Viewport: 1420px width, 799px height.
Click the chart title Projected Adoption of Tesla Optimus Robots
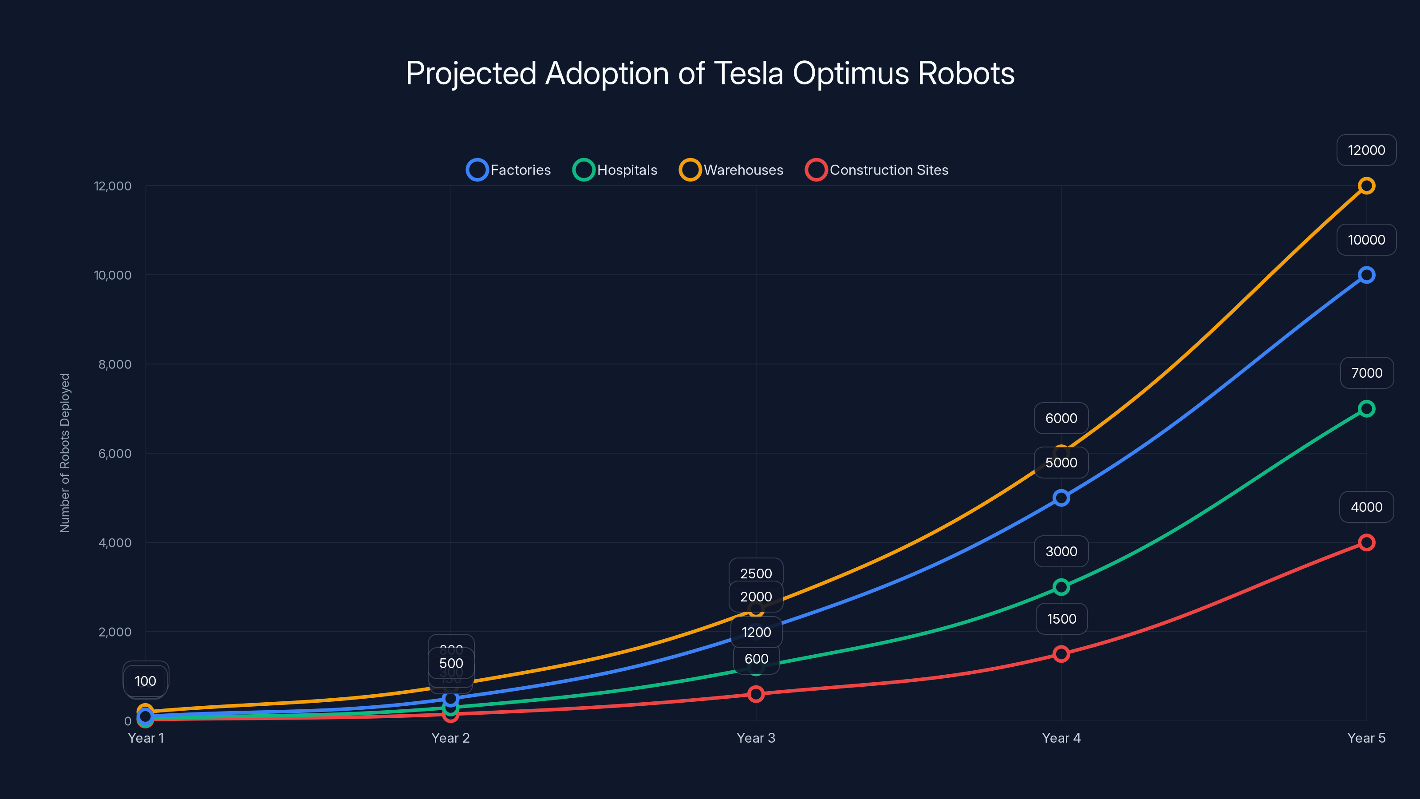(x=710, y=73)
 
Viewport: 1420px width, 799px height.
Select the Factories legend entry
(x=509, y=170)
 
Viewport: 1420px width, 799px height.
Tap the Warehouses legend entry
(x=731, y=170)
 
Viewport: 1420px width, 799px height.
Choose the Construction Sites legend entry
(x=877, y=170)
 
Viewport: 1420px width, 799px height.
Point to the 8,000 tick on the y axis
(x=114, y=364)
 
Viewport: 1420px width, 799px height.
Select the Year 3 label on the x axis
(x=756, y=738)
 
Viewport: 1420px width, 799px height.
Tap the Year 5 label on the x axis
(x=1366, y=738)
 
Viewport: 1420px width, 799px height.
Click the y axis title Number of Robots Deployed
(x=65, y=453)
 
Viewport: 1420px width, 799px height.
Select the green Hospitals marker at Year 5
(x=1366, y=408)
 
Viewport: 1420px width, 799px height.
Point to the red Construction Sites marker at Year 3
(x=756, y=694)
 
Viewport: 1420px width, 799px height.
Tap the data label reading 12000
(x=1366, y=150)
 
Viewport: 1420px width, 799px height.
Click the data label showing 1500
(x=1061, y=619)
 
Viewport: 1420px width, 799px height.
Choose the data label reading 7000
(x=1366, y=373)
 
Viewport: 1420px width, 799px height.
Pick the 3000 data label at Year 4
(x=1061, y=551)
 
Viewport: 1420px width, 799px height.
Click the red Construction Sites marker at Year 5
(x=1366, y=542)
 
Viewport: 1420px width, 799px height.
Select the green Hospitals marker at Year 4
(x=1061, y=587)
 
